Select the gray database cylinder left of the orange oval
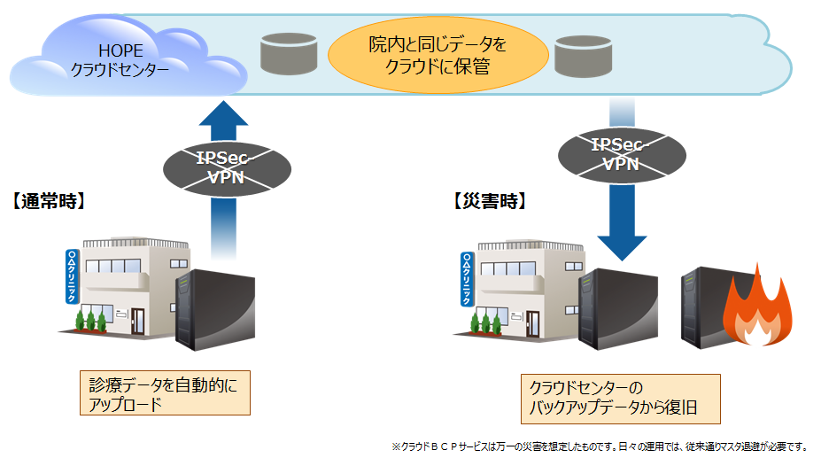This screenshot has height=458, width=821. coord(290,55)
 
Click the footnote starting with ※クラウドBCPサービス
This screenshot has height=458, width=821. coord(599,446)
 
